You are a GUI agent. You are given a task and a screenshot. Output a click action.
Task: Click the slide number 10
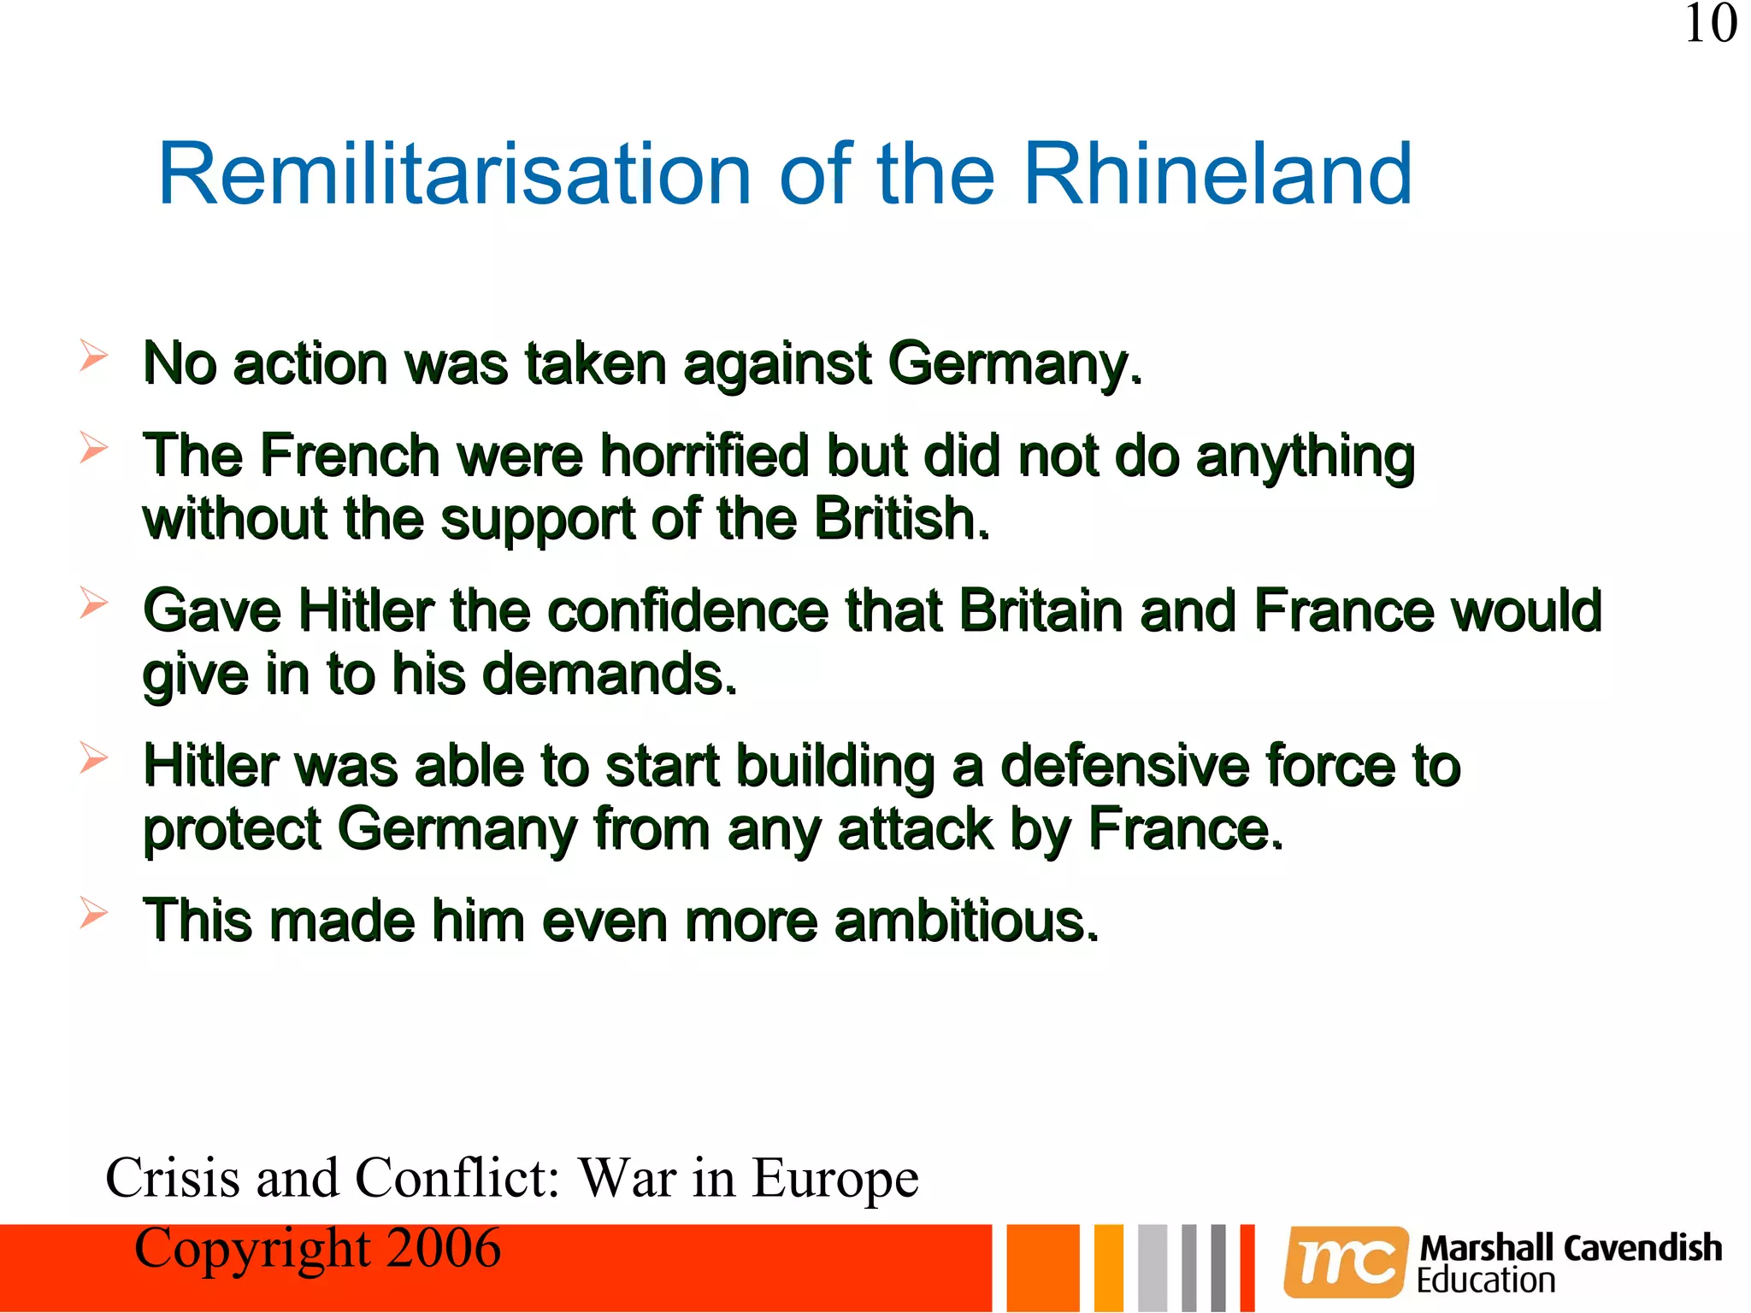coord(1710,24)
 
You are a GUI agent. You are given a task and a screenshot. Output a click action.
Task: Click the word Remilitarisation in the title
coord(454,174)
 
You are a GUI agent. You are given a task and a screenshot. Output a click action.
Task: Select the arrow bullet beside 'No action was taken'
coord(93,356)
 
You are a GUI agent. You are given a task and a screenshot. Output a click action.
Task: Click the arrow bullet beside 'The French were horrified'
coord(93,447)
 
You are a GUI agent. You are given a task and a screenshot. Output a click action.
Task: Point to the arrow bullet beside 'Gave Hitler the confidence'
coord(93,603)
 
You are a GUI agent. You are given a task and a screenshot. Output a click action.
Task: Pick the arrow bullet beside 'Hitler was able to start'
coord(93,757)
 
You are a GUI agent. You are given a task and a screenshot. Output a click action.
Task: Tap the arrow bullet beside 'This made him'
coord(93,913)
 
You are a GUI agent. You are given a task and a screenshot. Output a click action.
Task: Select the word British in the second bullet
coord(901,519)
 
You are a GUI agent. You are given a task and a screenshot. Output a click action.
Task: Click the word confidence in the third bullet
coord(688,610)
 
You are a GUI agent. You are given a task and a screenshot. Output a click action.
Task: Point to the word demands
coord(609,674)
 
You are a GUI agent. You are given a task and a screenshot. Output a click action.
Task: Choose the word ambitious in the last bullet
coord(966,921)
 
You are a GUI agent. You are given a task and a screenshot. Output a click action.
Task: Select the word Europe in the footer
coord(834,1178)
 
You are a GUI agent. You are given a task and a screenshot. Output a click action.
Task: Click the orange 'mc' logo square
coord(1346,1262)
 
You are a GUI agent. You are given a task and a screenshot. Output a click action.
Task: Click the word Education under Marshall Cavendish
coord(1486,1281)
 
